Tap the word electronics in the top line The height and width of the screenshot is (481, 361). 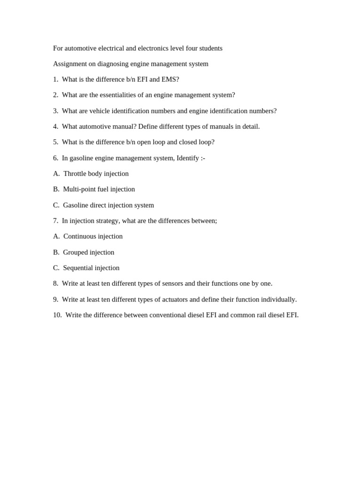pos(155,48)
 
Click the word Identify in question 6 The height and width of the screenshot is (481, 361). pos(188,158)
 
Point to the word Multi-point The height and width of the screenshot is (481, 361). pos(79,189)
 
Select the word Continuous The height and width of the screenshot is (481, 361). pos(79,236)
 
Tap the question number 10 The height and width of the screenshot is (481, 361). pos(57,315)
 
